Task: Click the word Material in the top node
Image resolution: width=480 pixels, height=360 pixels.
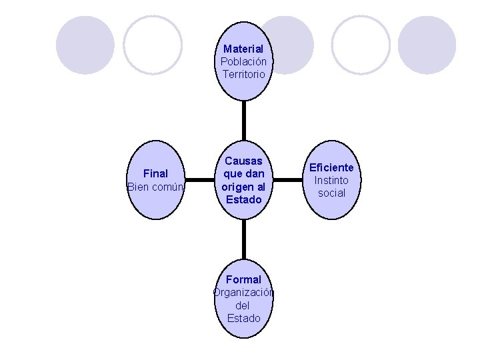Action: coord(243,49)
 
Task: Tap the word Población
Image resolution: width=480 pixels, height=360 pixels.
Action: coord(243,61)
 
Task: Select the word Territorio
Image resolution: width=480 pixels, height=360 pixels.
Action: coord(243,74)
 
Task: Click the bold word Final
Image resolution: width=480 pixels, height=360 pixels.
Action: coord(155,174)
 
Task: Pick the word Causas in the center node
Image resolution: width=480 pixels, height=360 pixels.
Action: coord(243,161)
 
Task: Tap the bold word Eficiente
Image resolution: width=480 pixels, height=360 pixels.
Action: coord(331,167)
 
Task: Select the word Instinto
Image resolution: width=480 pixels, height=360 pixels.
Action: coord(331,180)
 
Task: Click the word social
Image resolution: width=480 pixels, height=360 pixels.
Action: coord(331,193)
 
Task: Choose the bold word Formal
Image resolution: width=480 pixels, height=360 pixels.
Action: coord(243,279)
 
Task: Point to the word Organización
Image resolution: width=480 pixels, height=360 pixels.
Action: coord(243,292)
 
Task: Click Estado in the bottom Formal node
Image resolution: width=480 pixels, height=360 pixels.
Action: coord(243,318)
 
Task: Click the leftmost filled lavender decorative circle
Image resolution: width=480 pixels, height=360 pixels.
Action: coord(85,45)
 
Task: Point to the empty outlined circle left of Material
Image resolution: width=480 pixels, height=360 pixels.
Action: coord(153,45)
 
